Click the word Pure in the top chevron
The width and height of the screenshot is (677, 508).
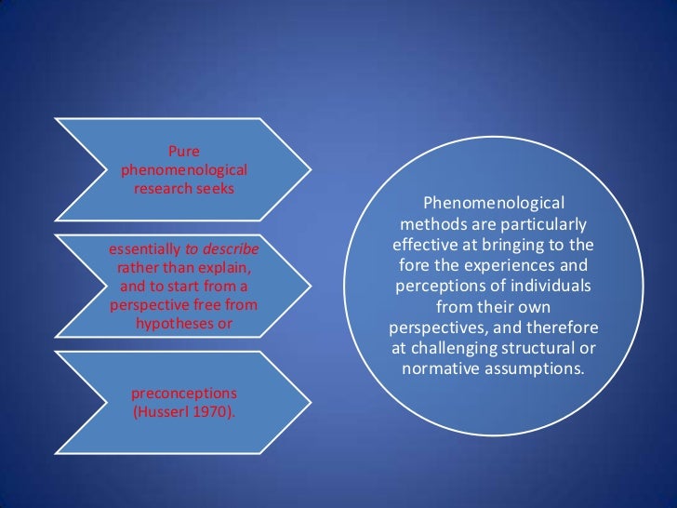pyautogui.click(x=183, y=153)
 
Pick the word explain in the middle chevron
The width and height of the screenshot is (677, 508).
pyautogui.click(x=227, y=269)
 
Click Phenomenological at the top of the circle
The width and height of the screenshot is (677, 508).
pyautogui.click(x=493, y=204)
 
